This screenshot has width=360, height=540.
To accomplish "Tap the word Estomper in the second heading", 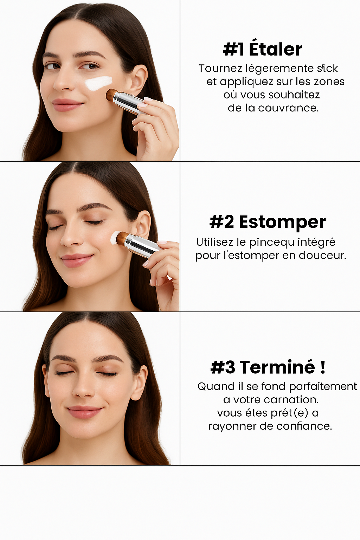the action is pos(282,223).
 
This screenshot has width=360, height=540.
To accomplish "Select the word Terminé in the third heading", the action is pos(277,367).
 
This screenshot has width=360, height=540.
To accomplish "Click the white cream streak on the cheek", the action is pos(99,83).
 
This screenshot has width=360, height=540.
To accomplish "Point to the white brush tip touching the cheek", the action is pos(114,238).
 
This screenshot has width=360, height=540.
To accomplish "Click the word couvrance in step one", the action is pos(288,108).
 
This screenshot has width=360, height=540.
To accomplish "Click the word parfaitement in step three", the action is pos(323,387).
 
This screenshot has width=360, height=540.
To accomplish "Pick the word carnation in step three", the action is pos(291,400).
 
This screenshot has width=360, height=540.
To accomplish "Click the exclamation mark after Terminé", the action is pos(323,367).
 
